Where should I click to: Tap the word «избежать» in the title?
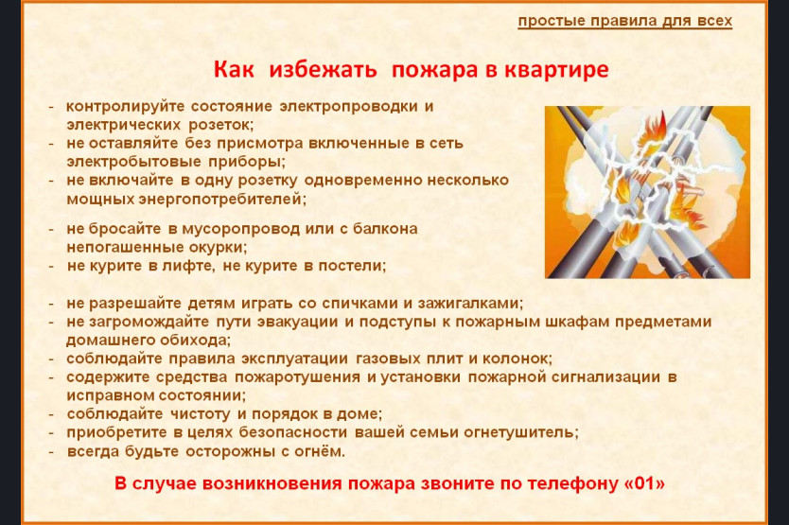coord(323,69)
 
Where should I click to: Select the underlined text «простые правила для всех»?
coord(625,21)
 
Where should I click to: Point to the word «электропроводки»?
coord(349,107)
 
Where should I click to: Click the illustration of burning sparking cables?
coord(647,192)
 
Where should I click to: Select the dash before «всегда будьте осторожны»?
coord(51,451)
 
